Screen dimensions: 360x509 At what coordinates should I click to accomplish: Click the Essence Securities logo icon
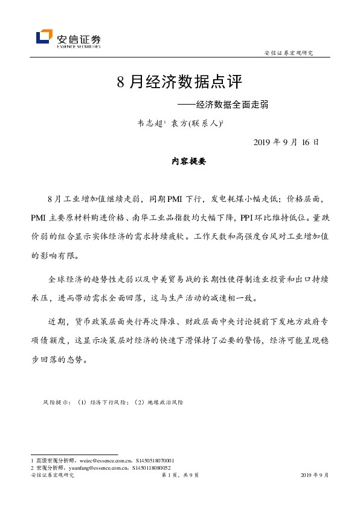pyautogui.click(x=43, y=37)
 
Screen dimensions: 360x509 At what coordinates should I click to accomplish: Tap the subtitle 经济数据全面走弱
pyautogui.click(x=232, y=104)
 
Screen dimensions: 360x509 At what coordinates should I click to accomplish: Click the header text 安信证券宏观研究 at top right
pyautogui.click(x=289, y=53)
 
